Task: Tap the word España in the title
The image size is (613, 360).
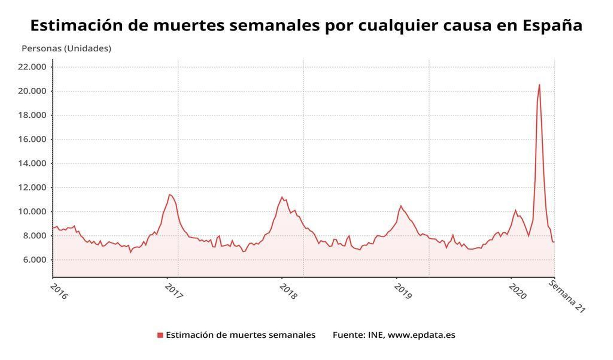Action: tap(552, 26)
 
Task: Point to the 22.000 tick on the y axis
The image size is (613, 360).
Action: tap(32, 67)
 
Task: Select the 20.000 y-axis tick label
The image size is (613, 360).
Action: tap(32, 91)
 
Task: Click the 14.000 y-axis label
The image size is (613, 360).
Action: tap(32, 163)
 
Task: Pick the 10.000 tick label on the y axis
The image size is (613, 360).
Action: tap(32, 212)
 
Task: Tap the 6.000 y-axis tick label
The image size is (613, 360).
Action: tap(34, 260)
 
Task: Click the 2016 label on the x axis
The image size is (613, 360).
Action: tap(59, 292)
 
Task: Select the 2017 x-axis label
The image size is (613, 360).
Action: tap(174, 291)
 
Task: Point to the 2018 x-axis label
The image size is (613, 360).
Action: tap(288, 291)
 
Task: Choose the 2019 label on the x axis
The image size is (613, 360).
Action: tap(403, 291)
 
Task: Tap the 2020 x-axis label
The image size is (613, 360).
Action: tap(518, 291)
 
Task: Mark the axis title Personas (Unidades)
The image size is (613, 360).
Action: tap(66, 49)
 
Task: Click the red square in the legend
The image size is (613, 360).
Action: tap(160, 335)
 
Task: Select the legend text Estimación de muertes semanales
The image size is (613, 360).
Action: tap(241, 335)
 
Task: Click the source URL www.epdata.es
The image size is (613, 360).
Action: tap(421, 335)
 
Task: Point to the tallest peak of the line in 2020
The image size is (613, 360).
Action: tap(539, 85)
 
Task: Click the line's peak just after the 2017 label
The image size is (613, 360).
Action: tap(170, 195)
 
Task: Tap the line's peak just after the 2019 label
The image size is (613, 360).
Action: tap(401, 206)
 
